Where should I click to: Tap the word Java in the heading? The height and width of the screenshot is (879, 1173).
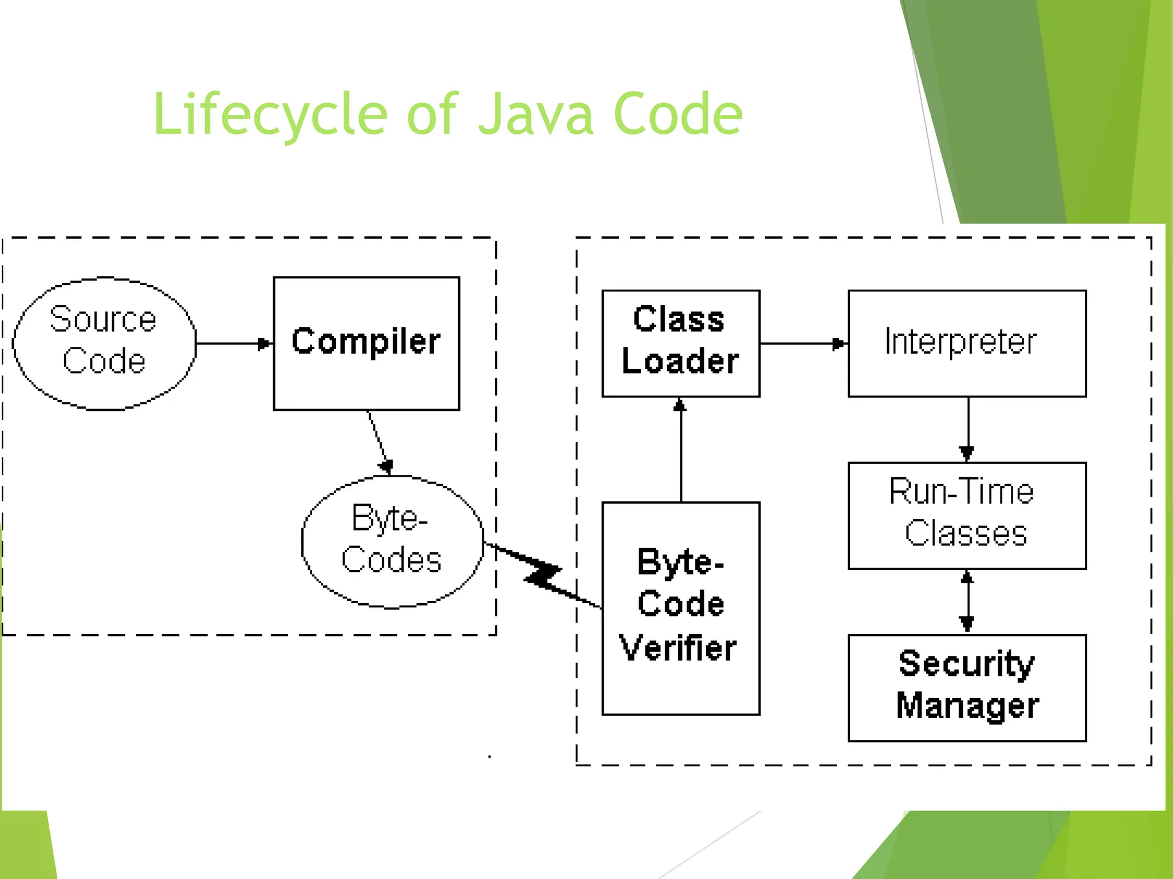pos(535,114)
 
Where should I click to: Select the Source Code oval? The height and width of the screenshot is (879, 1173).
pos(104,343)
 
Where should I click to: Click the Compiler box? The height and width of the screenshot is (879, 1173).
pos(367,343)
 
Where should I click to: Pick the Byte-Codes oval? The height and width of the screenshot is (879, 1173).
pos(392,541)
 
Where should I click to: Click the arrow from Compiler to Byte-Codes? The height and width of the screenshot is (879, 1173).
pos(377,441)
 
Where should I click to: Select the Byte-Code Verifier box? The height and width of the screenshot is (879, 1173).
pos(680,608)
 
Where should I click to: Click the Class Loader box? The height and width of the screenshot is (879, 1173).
pos(680,343)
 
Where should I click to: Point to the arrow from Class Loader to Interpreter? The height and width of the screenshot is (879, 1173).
pos(803,343)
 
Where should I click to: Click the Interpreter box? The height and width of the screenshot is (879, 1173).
pos(967,343)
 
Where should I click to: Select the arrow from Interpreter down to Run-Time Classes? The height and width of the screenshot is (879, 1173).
pos(968,429)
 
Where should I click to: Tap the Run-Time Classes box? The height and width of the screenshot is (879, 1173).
pos(967,515)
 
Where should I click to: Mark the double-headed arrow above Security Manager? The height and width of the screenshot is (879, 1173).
pos(967,601)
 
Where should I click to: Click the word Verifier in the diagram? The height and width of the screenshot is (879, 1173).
pos(678,648)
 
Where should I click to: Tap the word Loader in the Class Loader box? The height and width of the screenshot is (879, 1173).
pos(680,362)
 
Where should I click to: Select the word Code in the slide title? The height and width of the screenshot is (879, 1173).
pos(678,114)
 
